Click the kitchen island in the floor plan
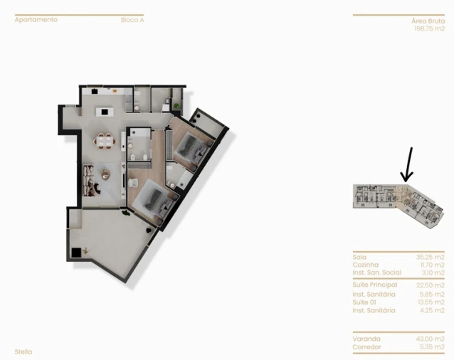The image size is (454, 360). coord(106,110)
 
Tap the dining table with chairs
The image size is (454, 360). coord(106,142)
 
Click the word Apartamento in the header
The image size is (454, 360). coord(36,20)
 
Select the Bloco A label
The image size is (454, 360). coord(132,20)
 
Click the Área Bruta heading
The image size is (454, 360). coord(428,21)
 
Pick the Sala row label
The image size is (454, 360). coord(359,257)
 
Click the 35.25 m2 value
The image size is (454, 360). coord(430,257)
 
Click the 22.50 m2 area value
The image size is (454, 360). coord(430,285)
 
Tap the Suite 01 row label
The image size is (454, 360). coord(364,302)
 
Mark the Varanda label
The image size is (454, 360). coord(366,339)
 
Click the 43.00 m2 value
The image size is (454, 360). coord(430,339)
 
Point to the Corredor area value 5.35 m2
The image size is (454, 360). coord(431,346)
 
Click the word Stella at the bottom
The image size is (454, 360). coord(23,351)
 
